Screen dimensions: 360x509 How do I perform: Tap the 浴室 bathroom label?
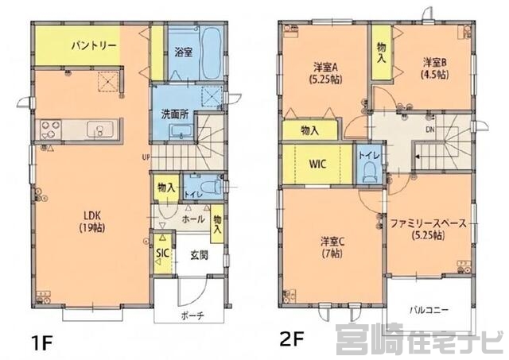tap(183, 52)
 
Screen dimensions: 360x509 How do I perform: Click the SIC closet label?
tap(161, 254)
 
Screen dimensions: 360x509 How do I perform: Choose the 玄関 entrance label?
tap(200, 255)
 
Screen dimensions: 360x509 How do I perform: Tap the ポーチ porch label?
tap(192, 315)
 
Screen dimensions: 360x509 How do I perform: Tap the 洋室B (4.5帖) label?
tap(433, 66)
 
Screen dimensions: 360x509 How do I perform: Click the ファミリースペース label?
tap(428, 229)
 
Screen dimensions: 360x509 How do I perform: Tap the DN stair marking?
tap(429, 129)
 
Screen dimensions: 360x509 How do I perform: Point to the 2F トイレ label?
tap(367, 156)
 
